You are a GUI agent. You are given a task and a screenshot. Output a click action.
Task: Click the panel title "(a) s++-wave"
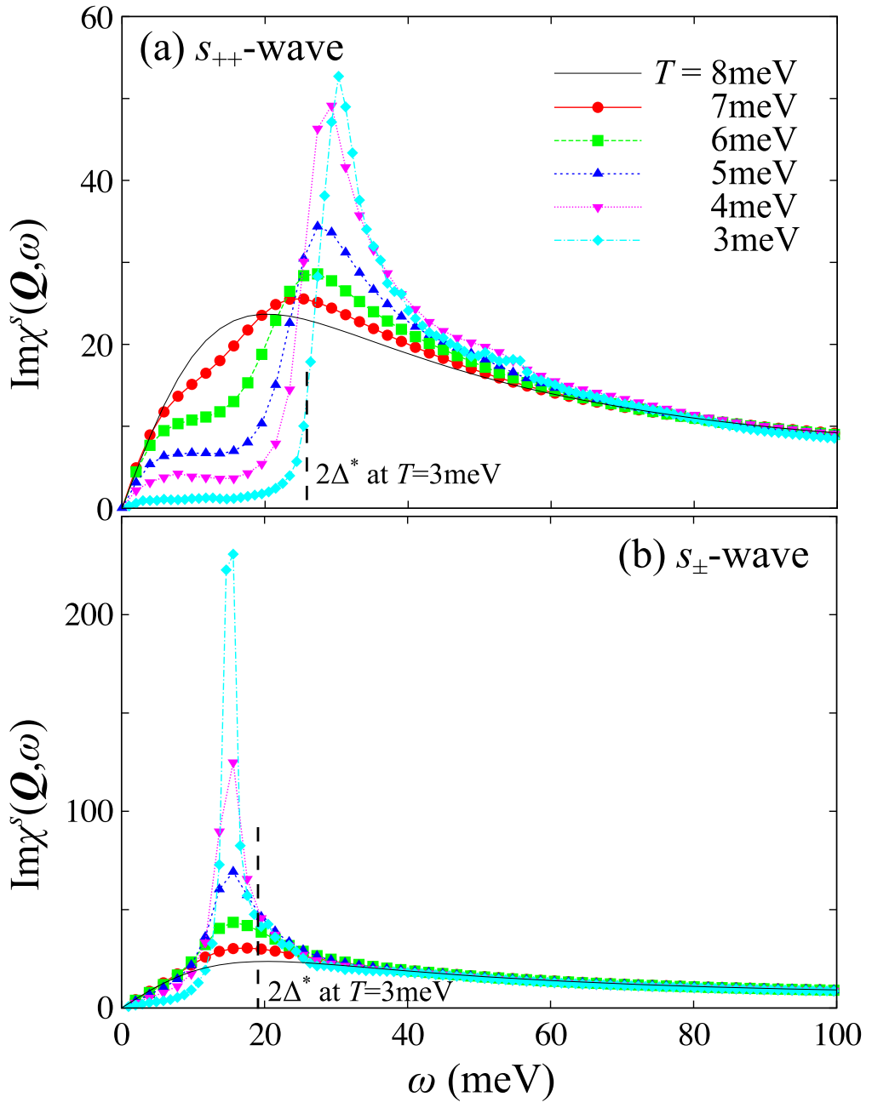242,52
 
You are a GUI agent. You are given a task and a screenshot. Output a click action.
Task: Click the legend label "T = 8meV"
726,73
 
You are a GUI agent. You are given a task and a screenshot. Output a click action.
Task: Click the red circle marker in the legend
598,107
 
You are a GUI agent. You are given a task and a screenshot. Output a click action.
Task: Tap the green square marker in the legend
598,140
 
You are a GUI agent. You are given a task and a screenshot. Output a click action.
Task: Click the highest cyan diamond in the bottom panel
233,555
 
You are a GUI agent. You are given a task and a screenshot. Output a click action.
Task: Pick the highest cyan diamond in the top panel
339,77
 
